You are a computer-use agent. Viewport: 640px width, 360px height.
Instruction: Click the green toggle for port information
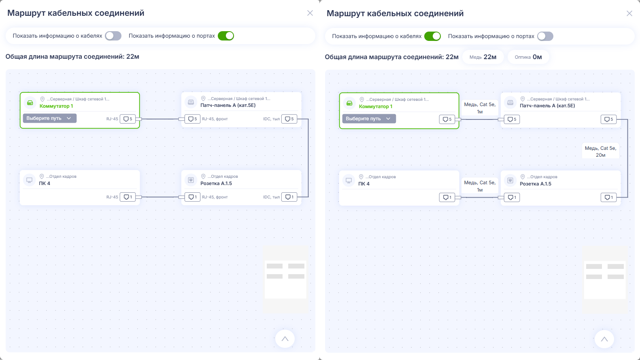226,36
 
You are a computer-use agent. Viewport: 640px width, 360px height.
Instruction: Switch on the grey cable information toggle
113,36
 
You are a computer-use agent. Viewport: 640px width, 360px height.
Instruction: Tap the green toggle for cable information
432,36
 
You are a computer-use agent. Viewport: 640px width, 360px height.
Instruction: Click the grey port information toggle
545,36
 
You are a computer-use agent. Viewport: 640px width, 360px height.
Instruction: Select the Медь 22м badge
483,57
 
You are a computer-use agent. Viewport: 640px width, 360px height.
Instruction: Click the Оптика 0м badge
528,57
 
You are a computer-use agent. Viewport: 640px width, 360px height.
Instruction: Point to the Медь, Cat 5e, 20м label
601,151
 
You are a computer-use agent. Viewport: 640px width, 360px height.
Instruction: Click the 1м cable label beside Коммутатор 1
480,108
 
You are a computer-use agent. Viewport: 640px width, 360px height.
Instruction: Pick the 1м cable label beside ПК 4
480,186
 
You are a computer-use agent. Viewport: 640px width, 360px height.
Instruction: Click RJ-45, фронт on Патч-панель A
215,119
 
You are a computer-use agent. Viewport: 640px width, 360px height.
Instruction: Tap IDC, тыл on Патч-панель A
272,119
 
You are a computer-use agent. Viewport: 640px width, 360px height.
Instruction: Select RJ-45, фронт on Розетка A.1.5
215,197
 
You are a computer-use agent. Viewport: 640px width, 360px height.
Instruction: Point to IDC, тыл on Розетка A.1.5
272,197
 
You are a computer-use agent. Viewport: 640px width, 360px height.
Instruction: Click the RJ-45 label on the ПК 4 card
112,197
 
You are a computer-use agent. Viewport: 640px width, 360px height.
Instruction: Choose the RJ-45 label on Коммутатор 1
112,119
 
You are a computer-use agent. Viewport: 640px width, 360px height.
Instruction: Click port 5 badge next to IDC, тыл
289,119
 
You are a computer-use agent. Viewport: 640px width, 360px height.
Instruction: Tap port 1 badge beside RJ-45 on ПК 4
128,197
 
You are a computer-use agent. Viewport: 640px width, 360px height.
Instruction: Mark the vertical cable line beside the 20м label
627,158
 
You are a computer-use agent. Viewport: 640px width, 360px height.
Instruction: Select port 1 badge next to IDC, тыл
289,197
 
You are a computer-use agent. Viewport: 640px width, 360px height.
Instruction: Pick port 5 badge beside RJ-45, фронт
193,119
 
